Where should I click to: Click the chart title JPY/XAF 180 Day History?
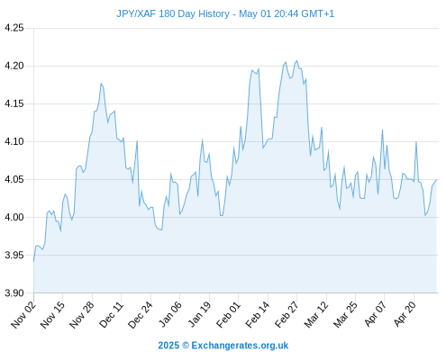point(173,13)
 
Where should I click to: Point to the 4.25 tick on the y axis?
point(14,28)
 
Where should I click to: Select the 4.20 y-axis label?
point(14,66)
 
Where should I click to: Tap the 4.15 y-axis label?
point(14,103)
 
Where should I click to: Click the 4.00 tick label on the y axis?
point(14,217)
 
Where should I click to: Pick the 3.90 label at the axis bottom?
point(14,292)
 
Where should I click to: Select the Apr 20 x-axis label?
point(405,314)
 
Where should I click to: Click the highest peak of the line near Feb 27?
point(296,60)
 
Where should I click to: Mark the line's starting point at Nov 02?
point(33,262)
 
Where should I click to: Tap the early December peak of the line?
point(101,84)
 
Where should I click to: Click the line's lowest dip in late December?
point(161,229)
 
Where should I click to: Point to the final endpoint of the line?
point(436,180)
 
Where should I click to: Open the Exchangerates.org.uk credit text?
point(240,346)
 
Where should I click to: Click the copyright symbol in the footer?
point(186,346)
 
